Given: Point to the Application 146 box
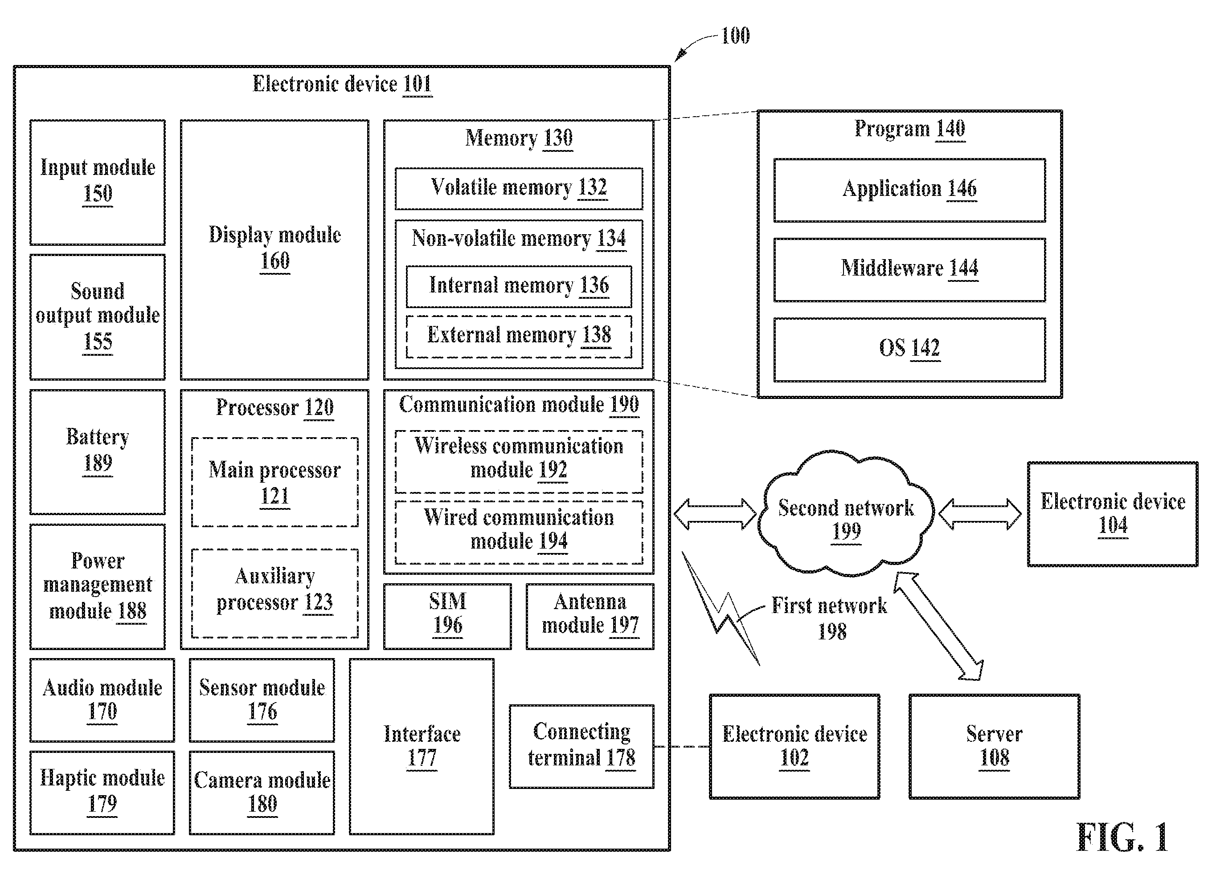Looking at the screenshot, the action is tap(909, 190).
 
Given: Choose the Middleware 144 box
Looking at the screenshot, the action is tap(909, 270).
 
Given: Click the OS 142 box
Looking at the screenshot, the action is tap(909, 350).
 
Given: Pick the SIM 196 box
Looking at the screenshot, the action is tap(447, 616).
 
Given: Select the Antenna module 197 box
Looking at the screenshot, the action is tap(590, 616).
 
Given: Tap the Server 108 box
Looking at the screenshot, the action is tap(994, 747).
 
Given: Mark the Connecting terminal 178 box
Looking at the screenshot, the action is tap(581, 746).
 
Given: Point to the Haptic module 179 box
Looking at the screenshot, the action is tap(102, 793).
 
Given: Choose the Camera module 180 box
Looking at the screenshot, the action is tap(262, 793).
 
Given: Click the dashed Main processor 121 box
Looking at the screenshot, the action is tap(274, 482).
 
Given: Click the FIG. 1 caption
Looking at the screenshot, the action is tap(1122, 837).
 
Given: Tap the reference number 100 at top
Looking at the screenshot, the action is tap(735, 36).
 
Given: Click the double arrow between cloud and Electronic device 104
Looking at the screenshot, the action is tap(979, 514).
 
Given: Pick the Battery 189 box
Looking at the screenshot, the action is tap(97, 452).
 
